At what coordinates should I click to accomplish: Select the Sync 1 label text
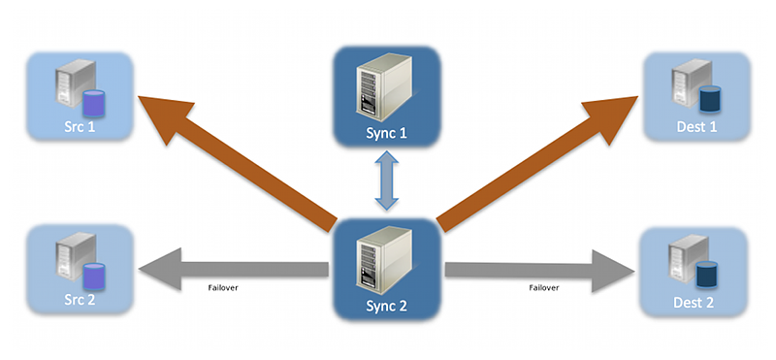[388, 133]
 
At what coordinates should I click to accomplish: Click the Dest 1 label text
[696, 127]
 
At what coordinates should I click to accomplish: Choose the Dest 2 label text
[696, 302]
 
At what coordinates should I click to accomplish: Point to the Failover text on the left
[224, 287]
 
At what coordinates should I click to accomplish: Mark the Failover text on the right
[543, 287]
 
